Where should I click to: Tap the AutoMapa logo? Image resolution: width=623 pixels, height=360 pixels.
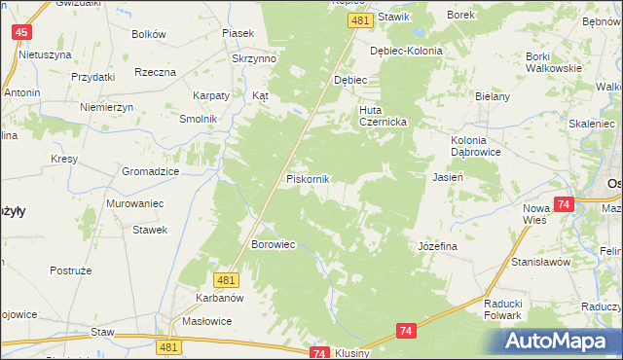pyautogui.click(x=561, y=341)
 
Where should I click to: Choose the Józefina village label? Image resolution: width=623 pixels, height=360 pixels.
pyautogui.click(x=437, y=247)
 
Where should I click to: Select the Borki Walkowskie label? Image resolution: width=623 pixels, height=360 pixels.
pyautogui.click(x=553, y=62)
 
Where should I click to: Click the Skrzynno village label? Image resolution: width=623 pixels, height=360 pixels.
pyautogui.click(x=254, y=58)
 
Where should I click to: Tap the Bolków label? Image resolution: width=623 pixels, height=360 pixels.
pyautogui.click(x=149, y=34)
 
